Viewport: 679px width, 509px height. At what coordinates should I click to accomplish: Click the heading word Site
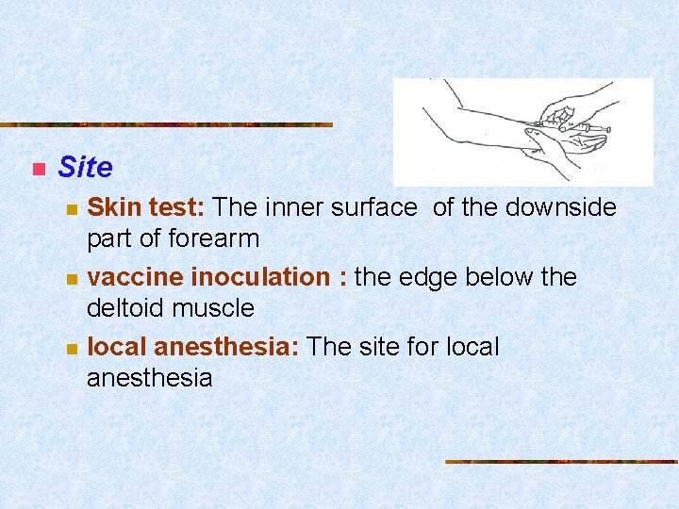point(85,168)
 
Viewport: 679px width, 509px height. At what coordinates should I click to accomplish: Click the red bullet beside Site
point(38,170)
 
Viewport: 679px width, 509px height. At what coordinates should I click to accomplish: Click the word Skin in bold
point(109,207)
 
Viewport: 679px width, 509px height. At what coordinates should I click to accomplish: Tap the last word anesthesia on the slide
point(149,378)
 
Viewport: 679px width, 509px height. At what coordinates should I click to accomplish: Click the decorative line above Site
point(166,124)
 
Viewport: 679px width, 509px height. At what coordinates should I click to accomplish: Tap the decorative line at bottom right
point(561,462)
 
